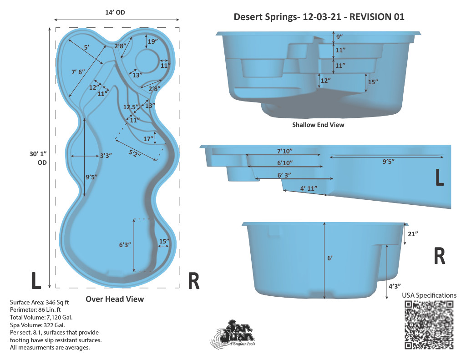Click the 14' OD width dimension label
click(x=115, y=12)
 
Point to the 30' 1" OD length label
click(x=38, y=158)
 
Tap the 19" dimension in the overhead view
click(x=153, y=41)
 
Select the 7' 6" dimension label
click(x=78, y=72)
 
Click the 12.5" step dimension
click(x=131, y=107)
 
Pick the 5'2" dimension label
click(x=135, y=153)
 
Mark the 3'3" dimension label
click(x=106, y=156)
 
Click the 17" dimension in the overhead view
click(x=148, y=139)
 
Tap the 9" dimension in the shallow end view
click(x=339, y=37)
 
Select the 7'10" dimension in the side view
click(x=285, y=151)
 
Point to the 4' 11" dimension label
click(x=309, y=188)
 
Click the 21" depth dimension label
click(x=413, y=234)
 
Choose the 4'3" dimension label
click(x=395, y=286)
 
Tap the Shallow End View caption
click(x=318, y=125)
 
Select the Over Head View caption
click(x=115, y=299)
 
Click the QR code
click(x=429, y=325)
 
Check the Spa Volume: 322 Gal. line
click(x=37, y=325)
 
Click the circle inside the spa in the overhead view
click(x=147, y=61)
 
